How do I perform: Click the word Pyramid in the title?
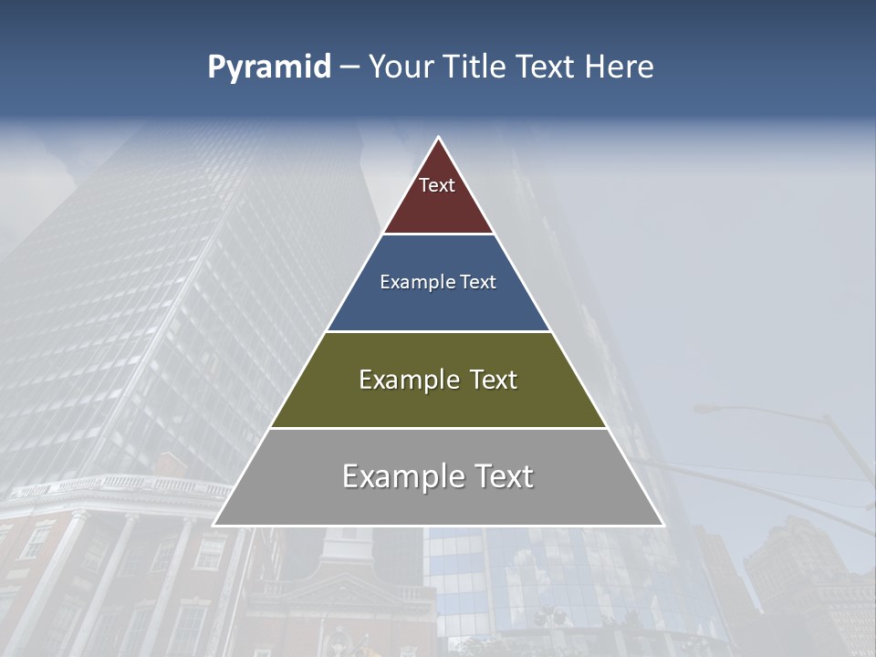[268, 68]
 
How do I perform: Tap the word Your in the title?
[401, 68]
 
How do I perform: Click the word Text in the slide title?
[546, 68]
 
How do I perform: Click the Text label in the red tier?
[437, 185]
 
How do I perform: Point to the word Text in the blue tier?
[478, 282]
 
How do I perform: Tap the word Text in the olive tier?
[494, 380]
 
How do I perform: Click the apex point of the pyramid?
[438, 139]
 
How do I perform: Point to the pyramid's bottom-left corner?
[214, 525]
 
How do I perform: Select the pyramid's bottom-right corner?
[662, 525]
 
